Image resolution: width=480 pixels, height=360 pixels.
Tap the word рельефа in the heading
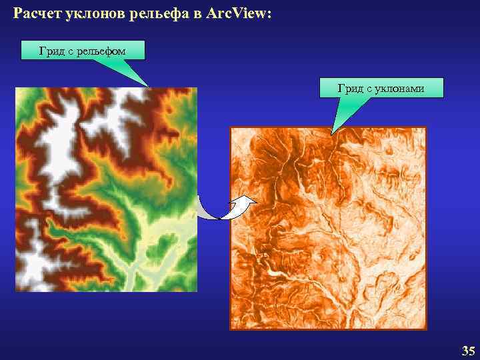(x=157, y=14)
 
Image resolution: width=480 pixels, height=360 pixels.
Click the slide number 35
(x=468, y=351)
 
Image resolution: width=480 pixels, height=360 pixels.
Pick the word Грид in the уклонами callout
(x=351, y=88)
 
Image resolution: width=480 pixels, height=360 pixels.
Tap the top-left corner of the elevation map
(x=16, y=88)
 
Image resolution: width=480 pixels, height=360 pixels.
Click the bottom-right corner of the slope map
(x=425, y=329)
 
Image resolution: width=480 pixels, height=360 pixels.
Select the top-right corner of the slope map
(x=425, y=128)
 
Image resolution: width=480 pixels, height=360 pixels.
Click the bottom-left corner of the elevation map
(x=16, y=291)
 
